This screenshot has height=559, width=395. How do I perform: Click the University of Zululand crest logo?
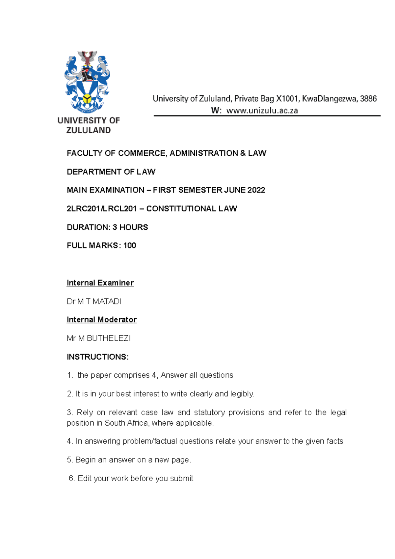point(87,82)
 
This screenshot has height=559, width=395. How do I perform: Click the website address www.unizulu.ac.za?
point(262,111)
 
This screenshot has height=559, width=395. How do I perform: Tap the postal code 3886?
point(368,98)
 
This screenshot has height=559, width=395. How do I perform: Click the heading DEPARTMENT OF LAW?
point(111,172)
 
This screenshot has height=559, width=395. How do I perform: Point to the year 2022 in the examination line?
point(256,190)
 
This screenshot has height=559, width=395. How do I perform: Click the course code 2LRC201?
point(83,209)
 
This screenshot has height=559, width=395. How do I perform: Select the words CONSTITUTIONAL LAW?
point(192,209)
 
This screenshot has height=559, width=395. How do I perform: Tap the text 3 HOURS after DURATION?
point(130,227)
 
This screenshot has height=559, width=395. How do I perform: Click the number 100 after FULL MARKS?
point(130,246)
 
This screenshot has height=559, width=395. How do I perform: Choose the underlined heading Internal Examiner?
point(100,283)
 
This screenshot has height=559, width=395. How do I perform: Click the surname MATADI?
point(107,302)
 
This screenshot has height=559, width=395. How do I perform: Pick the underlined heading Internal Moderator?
point(101,320)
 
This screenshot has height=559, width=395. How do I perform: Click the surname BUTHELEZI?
point(109,338)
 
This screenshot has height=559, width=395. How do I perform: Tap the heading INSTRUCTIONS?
point(97,357)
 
